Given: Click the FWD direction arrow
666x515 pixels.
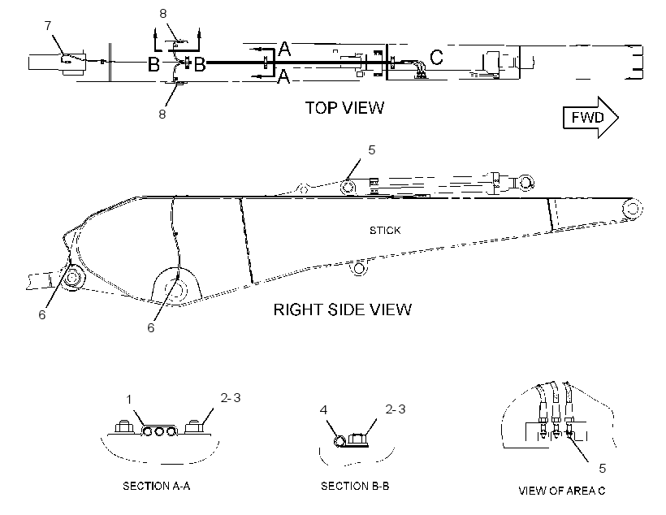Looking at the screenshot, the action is (x=590, y=117).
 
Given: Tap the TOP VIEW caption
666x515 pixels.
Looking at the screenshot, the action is (x=344, y=108).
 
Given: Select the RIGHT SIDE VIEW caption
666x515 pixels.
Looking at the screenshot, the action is (x=343, y=309).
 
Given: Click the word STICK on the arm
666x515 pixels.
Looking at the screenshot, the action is (x=385, y=231).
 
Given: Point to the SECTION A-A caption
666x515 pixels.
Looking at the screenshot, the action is (x=156, y=486).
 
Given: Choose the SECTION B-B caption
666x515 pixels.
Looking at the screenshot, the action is (x=355, y=486).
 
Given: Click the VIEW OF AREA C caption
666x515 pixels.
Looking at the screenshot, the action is (x=561, y=491).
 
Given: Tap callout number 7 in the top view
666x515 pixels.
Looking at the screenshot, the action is (x=48, y=25).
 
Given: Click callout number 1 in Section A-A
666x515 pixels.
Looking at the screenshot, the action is (x=129, y=400).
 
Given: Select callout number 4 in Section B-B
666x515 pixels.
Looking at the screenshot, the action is (x=323, y=409).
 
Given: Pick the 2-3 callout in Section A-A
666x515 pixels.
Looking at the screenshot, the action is (x=231, y=398).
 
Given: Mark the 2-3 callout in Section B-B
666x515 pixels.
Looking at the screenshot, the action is (x=396, y=409).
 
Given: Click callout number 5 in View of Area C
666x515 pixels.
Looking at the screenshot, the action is (x=603, y=468).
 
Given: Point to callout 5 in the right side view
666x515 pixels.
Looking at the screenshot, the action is (x=372, y=150).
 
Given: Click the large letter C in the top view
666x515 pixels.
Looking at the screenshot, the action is (x=437, y=57).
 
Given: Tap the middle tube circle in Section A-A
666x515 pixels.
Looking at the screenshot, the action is (x=160, y=431).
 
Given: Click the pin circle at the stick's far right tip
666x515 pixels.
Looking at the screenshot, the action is (x=632, y=208).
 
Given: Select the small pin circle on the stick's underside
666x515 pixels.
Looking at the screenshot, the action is (x=359, y=269).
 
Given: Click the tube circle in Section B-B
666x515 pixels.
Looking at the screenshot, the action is (x=339, y=442).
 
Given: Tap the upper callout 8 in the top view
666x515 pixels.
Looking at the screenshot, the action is (x=163, y=14).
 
